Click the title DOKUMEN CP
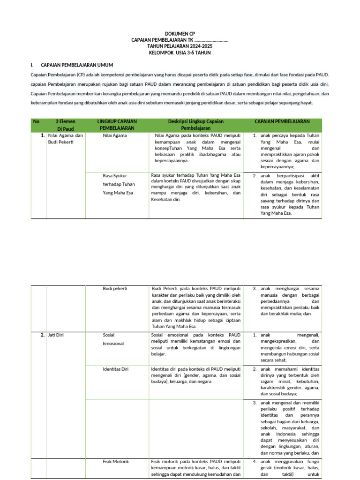click(180, 34)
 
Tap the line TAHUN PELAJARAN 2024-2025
click(180, 46)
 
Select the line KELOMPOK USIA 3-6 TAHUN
click(180, 53)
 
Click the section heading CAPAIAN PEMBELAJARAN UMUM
click(77, 65)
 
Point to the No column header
click(36, 122)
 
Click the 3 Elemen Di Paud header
click(66, 125)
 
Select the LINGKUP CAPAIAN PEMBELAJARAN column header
click(117, 125)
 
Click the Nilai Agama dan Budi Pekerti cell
click(65, 139)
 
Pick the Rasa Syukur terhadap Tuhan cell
click(119, 184)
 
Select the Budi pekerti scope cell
click(115, 289)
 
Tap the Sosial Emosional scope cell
click(113, 339)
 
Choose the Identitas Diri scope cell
click(116, 369)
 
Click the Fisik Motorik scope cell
click(116, 462)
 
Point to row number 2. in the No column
click(42, 335)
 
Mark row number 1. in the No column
click(42, 135)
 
